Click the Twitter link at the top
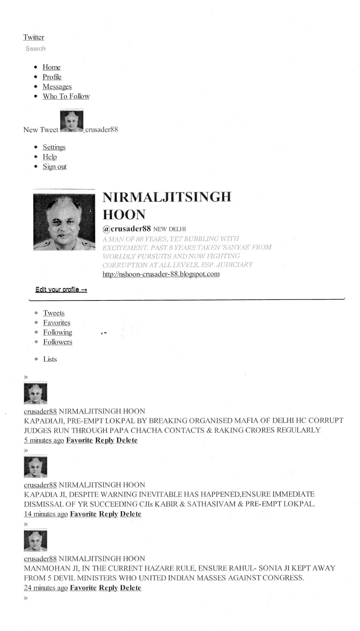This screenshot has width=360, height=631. pyautogui.click(x=34, y=37)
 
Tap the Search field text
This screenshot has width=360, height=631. pyautogui.click(x=35, y=49)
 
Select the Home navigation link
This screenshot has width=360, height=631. pyautogui.click(x=51, y=67)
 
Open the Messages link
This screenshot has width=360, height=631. pyautogui.click(x=57, y=87)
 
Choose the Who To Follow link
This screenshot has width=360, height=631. pyautogui.click(x=66, y=96)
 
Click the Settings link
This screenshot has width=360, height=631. pyautogui.click(x=54, y=147)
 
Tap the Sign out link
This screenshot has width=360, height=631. pyautogui.click(x=54, y=166)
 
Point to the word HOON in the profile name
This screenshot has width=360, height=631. pyautogui.click(x=124, y=215)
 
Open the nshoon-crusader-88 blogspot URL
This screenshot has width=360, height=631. pyautogui.click(x=161, y=274)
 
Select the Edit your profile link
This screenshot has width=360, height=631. pyautogui.click(x=61, y=290)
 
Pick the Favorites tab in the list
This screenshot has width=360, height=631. pyautogui.click(x=57, y=323)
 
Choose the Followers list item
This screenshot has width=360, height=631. pyautogui.click(x=58, y=342)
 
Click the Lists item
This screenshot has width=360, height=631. pyautogui.click(x=50, y=359)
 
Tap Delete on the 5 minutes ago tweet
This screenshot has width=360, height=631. pyautogui.click(x=127, y=440)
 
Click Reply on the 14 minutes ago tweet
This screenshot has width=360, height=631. pyautogui.click(x=108, y=514)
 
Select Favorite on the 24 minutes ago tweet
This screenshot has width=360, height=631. pyautogui.click(x=83, y=588)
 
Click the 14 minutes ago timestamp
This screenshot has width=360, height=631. pyautogui.click(x=46, y=514)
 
